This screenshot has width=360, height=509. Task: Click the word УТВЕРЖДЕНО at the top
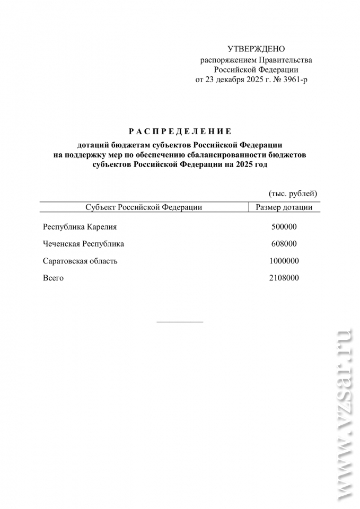pos(256,49)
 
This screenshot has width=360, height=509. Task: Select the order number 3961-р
pos(295,80)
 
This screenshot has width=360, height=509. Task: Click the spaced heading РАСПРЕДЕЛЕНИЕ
pos(180,131)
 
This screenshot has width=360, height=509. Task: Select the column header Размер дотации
pos(284,207)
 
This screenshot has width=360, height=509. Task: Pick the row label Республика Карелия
pos(80,227)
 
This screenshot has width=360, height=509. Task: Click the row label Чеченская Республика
pos(83,244)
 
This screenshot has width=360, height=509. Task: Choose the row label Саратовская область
pos(80,261)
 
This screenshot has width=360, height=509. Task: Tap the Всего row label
pos(53,278)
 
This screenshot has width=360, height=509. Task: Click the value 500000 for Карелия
pos(284,227)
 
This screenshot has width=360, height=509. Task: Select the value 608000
pos(284,244)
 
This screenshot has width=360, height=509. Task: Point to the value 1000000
pos(284,261)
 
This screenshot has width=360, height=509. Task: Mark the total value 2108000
pos(284,278)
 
